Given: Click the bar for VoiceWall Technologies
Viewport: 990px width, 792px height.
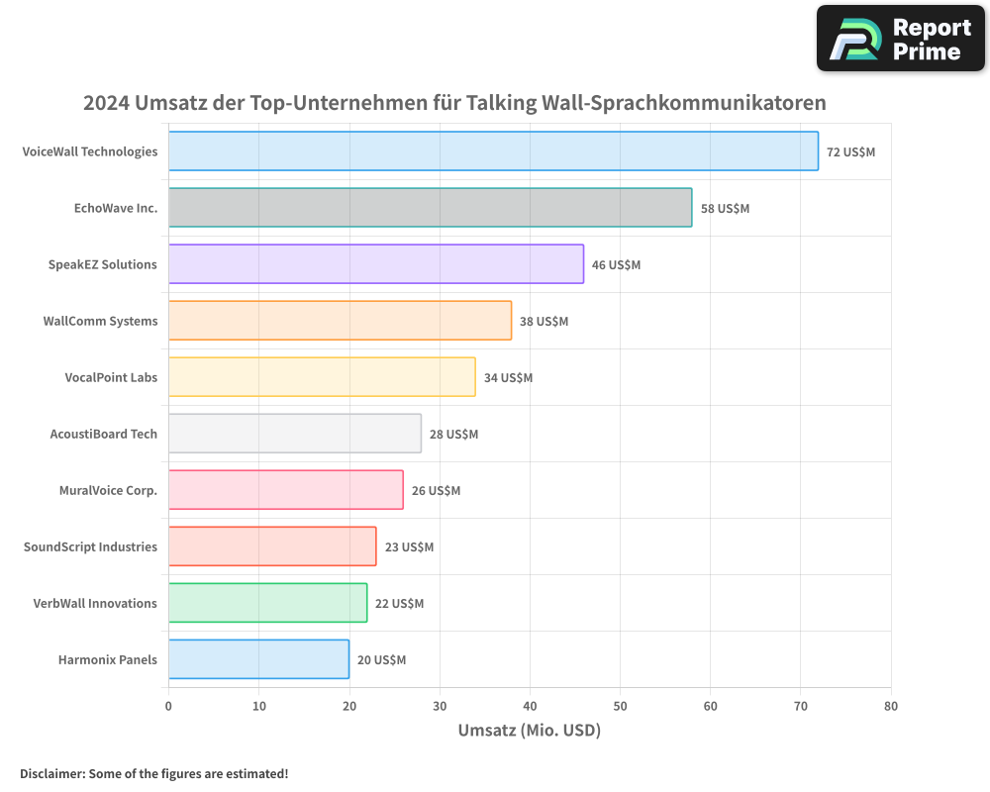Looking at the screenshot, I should tap(493, 151).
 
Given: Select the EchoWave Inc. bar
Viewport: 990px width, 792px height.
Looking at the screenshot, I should tap(430, 208).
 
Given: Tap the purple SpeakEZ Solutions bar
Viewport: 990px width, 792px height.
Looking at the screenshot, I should tap(376, 264).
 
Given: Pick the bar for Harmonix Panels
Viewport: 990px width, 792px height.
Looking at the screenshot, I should tap(258, 659).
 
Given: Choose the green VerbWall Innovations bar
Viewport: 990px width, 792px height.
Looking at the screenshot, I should tap(267, 603).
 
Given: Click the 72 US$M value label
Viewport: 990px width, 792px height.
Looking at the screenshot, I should tap(851, 152).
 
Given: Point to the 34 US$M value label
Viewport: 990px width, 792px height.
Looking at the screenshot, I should tap(508, 378).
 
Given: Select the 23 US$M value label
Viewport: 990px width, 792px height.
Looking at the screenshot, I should tap(409, 547).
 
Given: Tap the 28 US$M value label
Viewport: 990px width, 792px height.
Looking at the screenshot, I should tap(453, 435).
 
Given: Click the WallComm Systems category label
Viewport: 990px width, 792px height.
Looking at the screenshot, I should tap(100, 321).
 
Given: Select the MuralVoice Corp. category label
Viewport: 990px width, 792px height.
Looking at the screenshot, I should tap(108, 490).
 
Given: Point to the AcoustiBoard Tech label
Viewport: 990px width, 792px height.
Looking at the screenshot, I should tap(103, 434).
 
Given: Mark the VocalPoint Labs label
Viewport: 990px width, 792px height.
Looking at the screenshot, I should tap(111, 377).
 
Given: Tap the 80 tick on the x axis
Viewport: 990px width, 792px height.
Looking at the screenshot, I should tap(891, 707).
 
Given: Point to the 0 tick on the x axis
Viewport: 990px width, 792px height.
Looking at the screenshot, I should tap(168, 707).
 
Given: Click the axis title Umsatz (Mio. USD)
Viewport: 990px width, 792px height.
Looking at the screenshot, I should tap(530, 731).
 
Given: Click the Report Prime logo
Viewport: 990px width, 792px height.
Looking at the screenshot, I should tap(901, 39).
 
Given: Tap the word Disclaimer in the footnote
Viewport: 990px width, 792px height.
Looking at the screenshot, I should tap(51, 773).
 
